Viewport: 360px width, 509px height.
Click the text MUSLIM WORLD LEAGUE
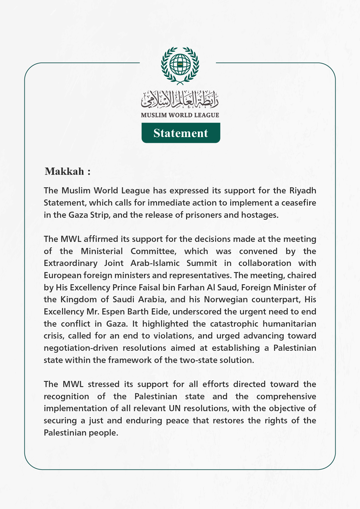[x=180, y=115]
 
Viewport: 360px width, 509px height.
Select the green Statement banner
[x=181, y=133]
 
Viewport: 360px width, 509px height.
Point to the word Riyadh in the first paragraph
[x=303, y=191]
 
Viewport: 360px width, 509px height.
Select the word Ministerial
[x=102, y=251]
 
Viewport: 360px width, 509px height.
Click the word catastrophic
[x=234, y=324]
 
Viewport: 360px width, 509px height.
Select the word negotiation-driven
[x=81, y=348]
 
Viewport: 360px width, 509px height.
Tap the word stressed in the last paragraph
[x=104, y=384]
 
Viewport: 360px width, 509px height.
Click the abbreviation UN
[x=174, y=409]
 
